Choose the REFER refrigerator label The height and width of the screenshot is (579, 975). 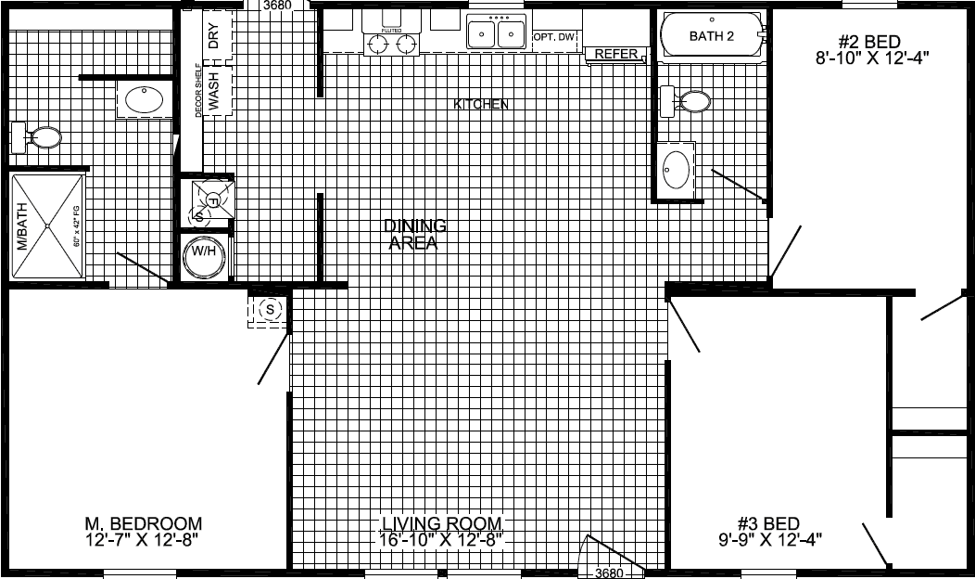[x=616, y=54]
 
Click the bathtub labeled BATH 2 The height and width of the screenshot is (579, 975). [x=712, y=36]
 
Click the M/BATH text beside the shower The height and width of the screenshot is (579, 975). [x=22, y=227]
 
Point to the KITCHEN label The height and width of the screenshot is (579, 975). [x=480, y=104]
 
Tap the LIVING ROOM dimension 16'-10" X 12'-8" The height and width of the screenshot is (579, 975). [x=440, y=539]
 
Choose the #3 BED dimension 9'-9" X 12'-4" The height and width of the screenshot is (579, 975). [x=768, y=539]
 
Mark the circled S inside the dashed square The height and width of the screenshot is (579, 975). [x=270, y=309]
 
